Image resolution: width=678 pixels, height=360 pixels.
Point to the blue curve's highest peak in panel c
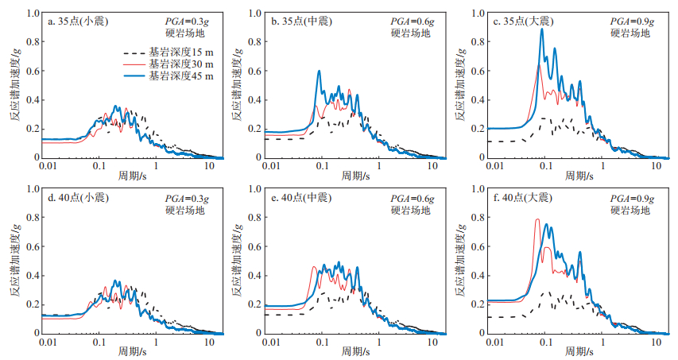(542, 29)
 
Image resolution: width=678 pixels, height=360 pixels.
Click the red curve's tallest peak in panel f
(537, 219)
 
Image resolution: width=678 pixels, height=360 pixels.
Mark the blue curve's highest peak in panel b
(320, 71)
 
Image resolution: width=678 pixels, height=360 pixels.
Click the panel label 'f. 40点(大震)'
(524, 198)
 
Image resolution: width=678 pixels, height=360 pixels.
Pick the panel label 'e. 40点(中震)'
(302, 198)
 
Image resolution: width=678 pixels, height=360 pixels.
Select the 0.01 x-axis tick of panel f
(495, 342)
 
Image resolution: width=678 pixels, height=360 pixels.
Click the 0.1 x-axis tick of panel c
(545, 167)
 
